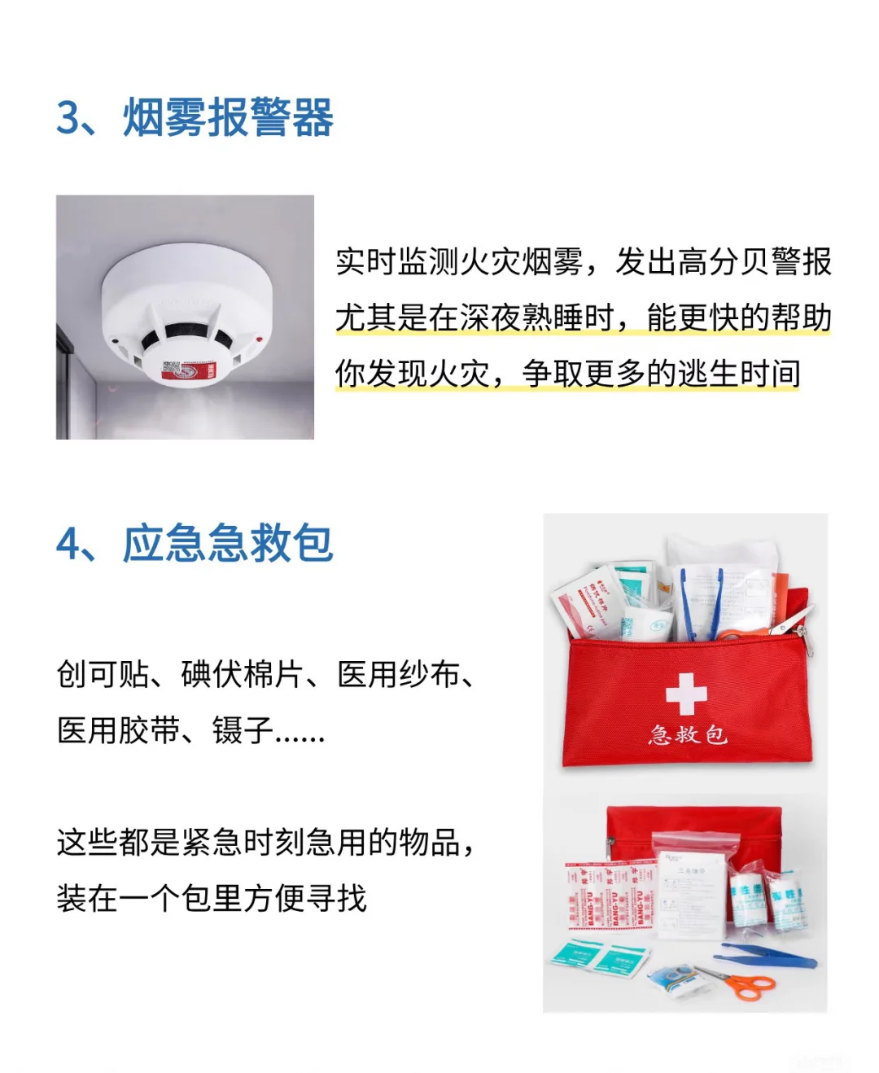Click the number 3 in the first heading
[x=70, y=117]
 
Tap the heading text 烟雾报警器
[x=229, y=117]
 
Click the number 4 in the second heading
[x=70, y=544]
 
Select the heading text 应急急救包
[x=229, y=544]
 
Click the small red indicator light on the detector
[x=259, y=339]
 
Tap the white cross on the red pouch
[x=686, y=694]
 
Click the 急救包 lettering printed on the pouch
[x=688, y=734]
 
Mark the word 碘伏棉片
[x=243, y=675]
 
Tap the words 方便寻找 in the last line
[x=305, y=898]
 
